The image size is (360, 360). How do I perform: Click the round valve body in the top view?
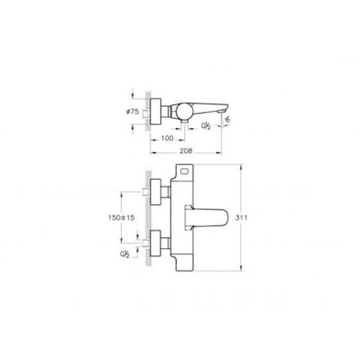184,110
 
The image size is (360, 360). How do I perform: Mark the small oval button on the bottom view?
186,171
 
